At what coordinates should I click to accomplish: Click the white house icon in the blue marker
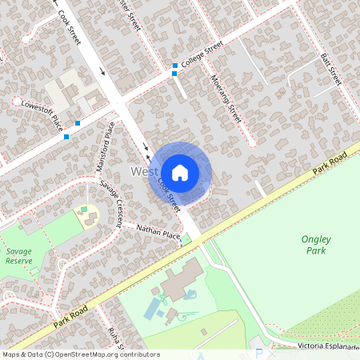coord(179,172)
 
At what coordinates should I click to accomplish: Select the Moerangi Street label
coord(226,98)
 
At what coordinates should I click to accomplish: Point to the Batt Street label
coord(331,70)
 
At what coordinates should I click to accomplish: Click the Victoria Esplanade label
coord(322,346)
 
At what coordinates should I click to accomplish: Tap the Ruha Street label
coord(112,336)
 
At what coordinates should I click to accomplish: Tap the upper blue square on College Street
coord(174,66)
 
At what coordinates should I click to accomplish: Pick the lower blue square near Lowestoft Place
coord(66,136)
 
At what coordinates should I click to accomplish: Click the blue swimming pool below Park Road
coord(153,307)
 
